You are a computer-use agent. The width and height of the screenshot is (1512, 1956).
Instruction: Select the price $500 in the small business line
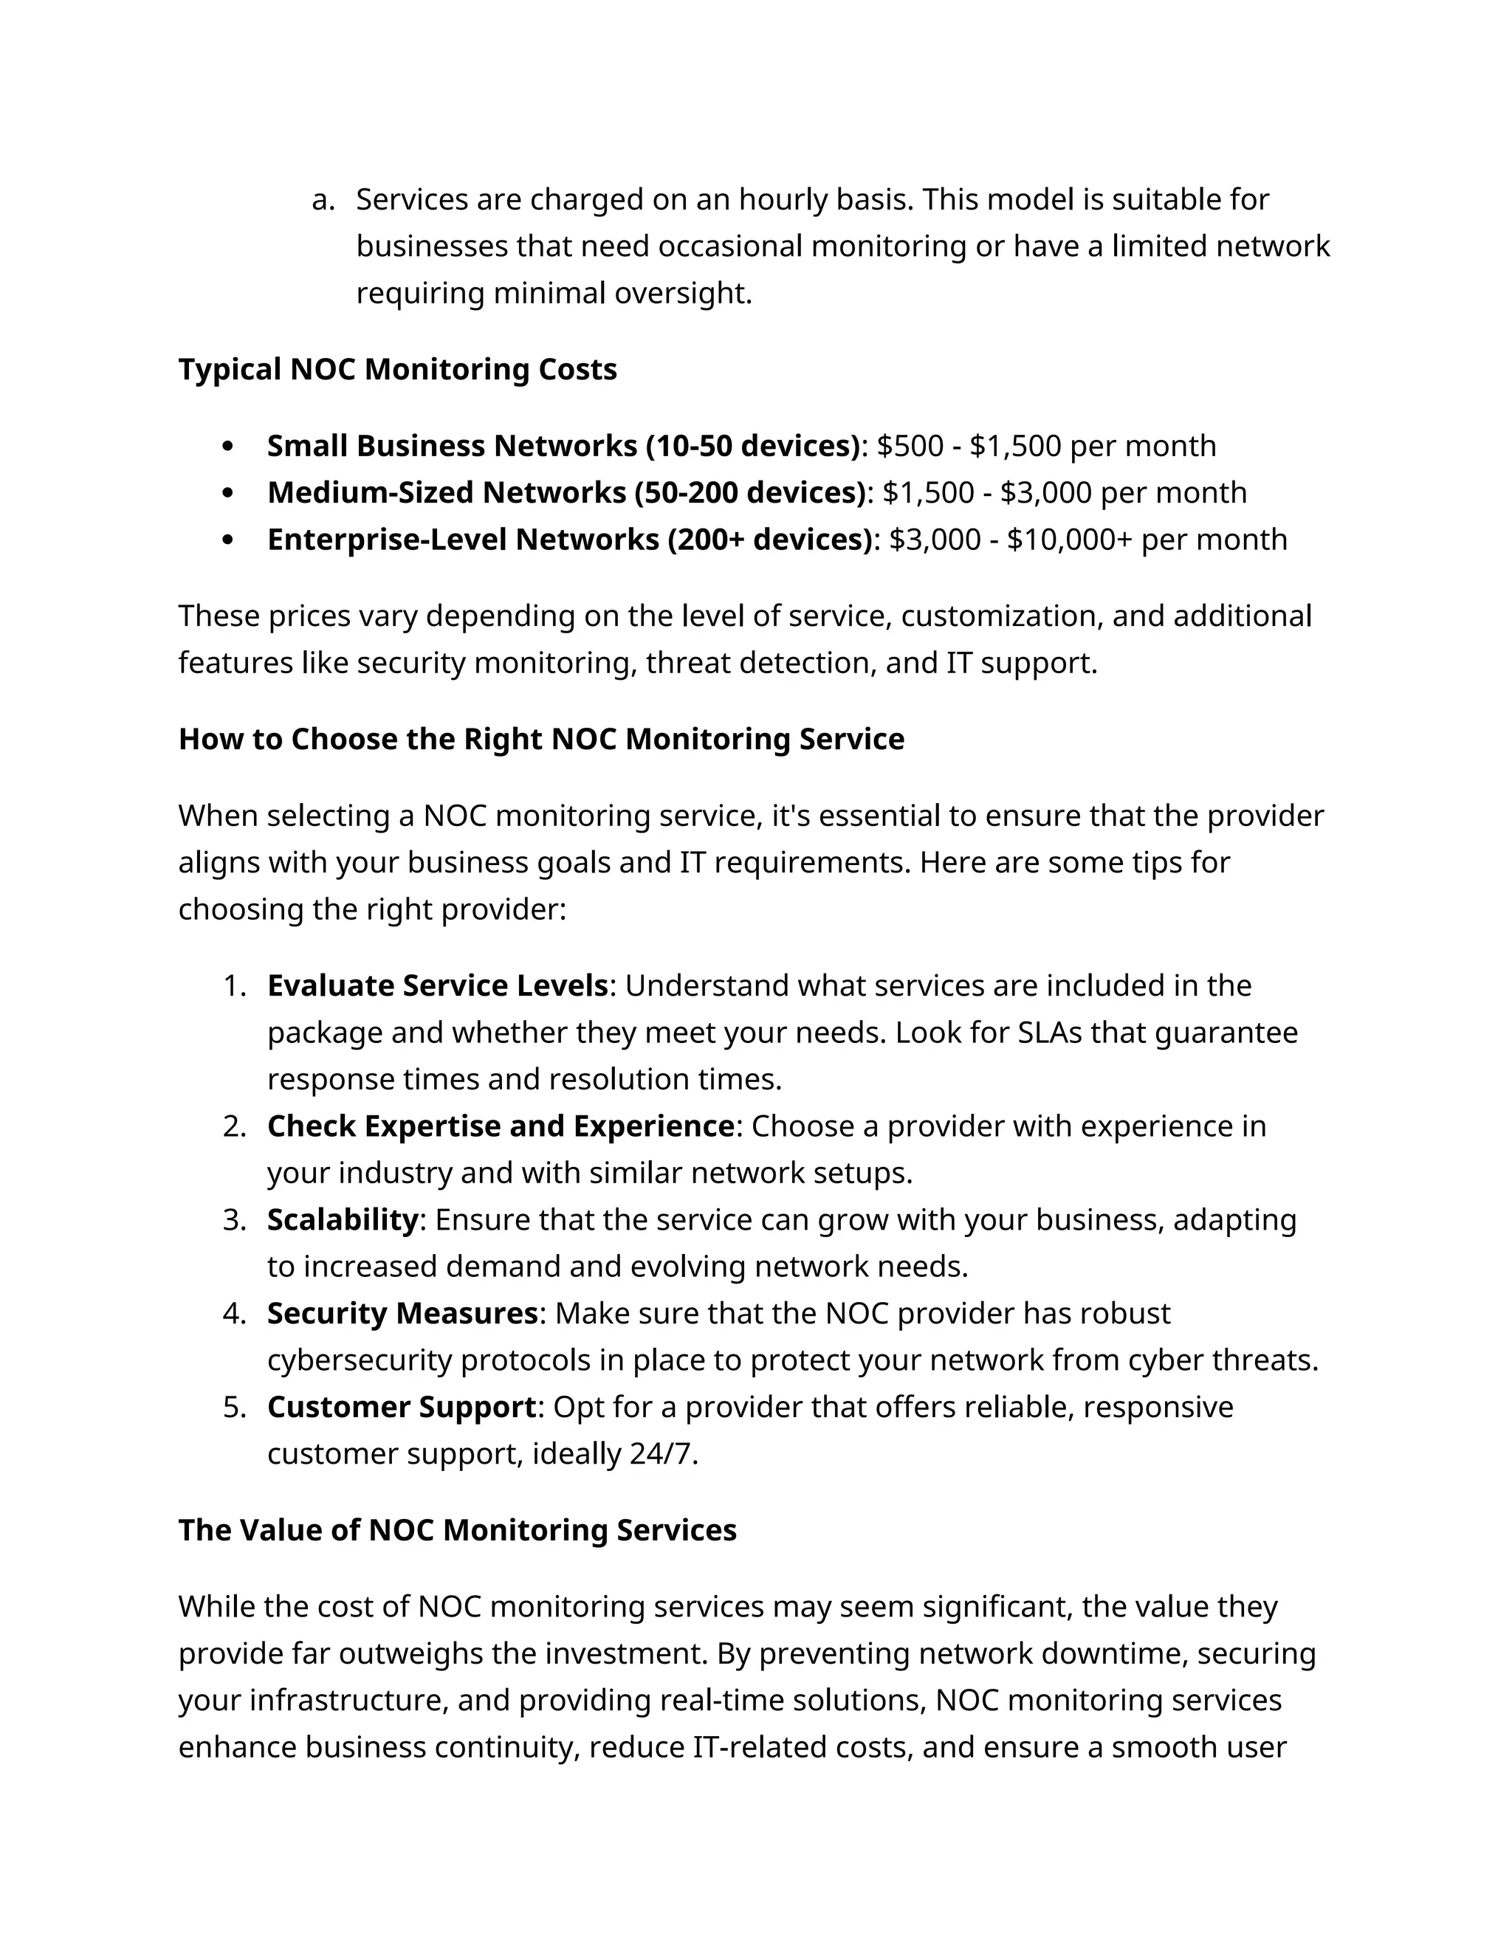[x=909, y=446]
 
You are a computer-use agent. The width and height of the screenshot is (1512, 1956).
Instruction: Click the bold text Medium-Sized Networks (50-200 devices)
[x=566, y=492]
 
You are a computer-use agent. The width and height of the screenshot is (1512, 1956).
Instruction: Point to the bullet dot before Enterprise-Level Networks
[x=227, y=540]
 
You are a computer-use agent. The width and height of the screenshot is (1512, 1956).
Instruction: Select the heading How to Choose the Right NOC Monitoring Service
[x=541, y=739]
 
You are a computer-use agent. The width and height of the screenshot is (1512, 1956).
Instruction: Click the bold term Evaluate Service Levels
[x=437, y=985]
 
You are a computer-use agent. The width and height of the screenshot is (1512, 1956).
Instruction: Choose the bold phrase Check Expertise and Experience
[x=500, y=1126]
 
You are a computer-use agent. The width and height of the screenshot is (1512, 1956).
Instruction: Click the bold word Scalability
[x=342, y=1220]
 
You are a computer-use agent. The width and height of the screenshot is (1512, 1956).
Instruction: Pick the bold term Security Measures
[x=402, y=1313]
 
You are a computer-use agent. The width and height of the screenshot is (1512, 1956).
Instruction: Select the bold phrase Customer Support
[x=402, y=1407]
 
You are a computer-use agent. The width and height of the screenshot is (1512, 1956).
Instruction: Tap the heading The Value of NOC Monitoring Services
[x=457, y=1529]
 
